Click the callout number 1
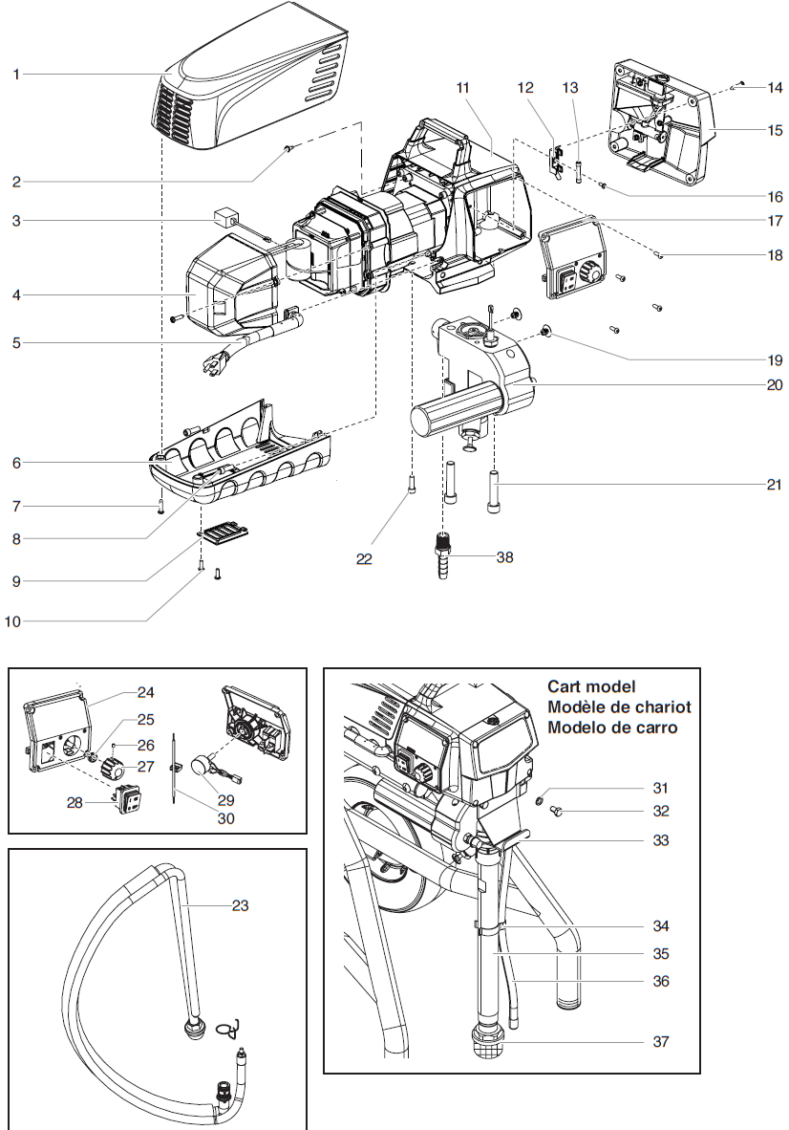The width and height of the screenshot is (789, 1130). coord(16,74)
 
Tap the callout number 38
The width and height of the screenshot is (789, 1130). coord(505,556)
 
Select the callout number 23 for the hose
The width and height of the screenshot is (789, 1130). coord(240,904)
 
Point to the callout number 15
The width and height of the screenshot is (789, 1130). coord(775,129)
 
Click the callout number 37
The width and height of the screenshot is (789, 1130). coord(660,1041)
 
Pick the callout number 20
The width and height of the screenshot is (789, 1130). coord(775,385)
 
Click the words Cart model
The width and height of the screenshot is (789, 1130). coord(591,686)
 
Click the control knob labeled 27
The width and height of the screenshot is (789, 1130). coord(115,766)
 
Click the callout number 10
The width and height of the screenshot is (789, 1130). coord(12,621)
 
